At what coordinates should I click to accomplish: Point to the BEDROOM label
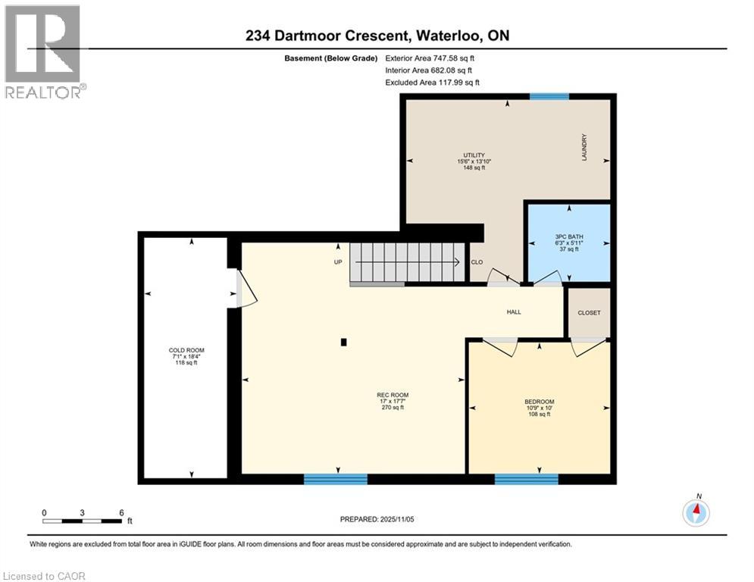[x=539, y=402]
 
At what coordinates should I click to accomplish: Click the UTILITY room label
[x=474, y=155]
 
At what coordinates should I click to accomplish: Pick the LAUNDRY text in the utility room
[x=584, y=147]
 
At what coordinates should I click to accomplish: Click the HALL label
[x=514, y=312]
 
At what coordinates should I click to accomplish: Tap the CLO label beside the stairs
[x=477, y=262]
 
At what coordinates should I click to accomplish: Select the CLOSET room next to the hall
[x=588, y=312]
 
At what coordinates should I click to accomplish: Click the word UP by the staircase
[x=338, y=262]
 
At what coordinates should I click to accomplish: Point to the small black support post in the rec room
[x=344, y=343]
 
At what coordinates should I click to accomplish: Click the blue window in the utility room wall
[x=549, y=97]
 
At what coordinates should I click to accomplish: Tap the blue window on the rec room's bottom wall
[x=336, y=479]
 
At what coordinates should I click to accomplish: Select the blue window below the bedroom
[x=526, y=479]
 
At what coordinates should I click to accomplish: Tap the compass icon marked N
[x=696, y=512]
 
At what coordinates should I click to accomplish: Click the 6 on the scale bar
[x=121, y=513]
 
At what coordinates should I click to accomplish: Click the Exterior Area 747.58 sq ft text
[x=430, y=58]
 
